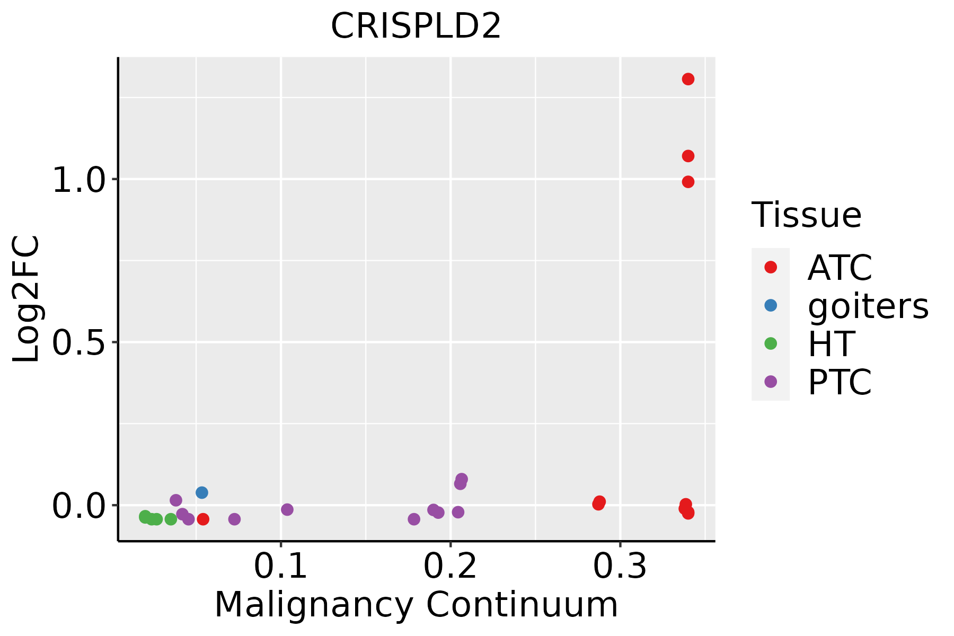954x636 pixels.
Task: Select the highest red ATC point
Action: [688, 79]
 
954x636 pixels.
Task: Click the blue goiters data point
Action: [202, 492]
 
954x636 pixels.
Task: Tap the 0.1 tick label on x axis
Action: [280, 567]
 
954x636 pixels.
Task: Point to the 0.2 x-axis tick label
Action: [450, 567]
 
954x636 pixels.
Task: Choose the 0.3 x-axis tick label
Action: [620, 567]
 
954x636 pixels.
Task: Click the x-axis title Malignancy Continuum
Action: [416, 605]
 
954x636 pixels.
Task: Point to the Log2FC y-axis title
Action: [26, 299]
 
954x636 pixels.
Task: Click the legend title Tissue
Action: [807, 215]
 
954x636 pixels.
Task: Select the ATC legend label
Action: [840, 268]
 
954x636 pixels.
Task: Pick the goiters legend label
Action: [868, 306]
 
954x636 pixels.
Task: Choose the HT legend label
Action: [831, 344]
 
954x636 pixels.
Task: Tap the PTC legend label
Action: [840, 382]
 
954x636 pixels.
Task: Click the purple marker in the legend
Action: [771, 382]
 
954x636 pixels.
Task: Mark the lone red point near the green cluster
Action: [203, 519]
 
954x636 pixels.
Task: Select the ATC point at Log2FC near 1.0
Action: [688, 182]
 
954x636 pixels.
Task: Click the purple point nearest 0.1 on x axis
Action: [287, 509]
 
